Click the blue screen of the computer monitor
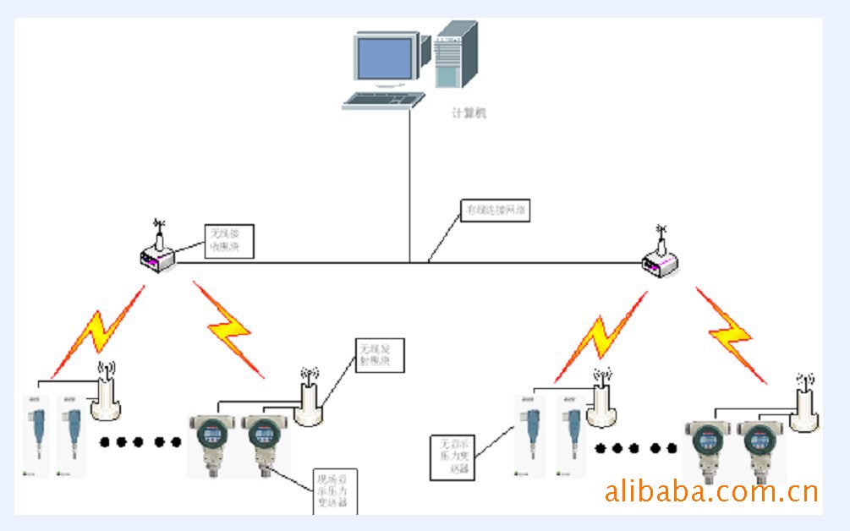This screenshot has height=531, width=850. pos(386,57)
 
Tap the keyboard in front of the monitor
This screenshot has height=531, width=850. pos(383,101)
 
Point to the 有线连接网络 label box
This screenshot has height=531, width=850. pos(495,210)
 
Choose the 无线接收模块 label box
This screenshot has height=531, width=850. pos(230,241)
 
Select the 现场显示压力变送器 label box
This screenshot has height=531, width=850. pos(336,491)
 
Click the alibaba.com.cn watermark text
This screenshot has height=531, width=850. pos(710,491)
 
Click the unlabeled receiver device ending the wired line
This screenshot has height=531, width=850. pos(661,261)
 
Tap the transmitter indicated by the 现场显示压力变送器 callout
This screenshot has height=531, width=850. pos(264,448)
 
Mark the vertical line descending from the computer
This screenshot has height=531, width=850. pos(411,186)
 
